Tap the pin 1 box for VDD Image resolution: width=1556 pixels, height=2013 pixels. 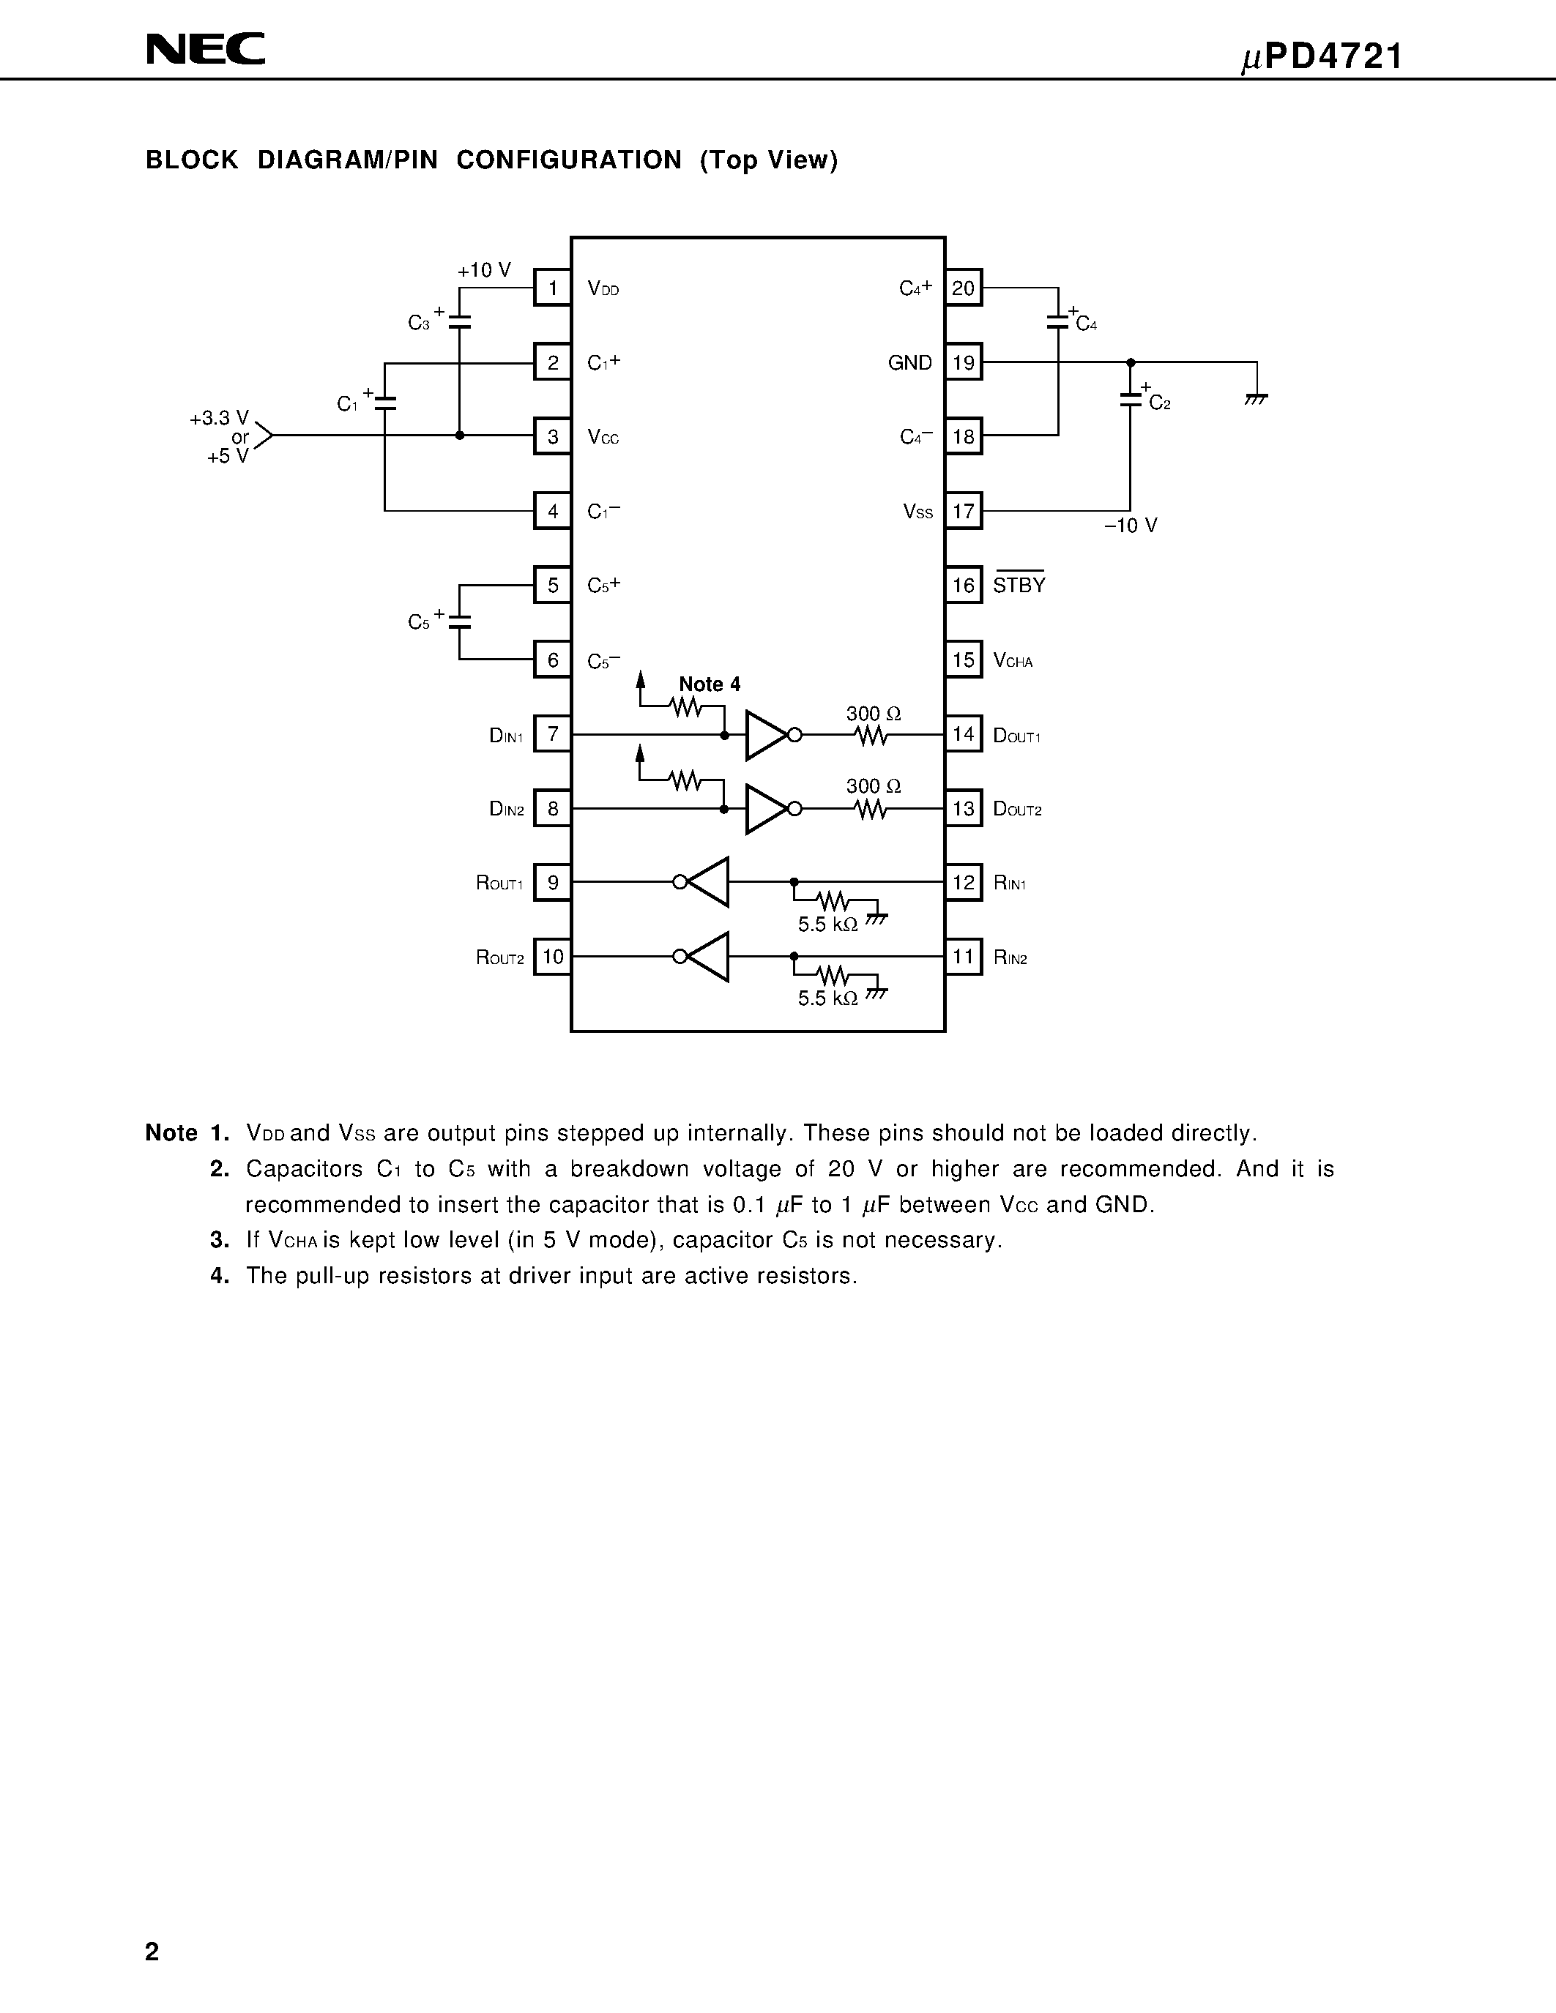pyautogui.click(x=552, y=288)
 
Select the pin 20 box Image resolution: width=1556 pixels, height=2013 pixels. pyautogui.click(x=964, y=288)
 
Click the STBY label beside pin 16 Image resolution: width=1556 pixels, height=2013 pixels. pyautogui.click(x=1019, y=586)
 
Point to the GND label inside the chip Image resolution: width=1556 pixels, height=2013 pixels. pyautogui.click(x=910, y=363)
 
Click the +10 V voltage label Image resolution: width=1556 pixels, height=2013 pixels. pyautogui.click(x=484, y=270)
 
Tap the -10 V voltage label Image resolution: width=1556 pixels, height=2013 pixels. pyautogui.click(x=1131, y=526)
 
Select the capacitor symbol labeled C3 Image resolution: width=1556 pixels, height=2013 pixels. pyautogui.click(x=459, y=321)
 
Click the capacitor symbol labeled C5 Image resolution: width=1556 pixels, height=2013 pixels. pyautogui.click(x=459, y=622)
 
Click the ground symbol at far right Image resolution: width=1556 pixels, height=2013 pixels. pyautogui.click(x=1256, y=398)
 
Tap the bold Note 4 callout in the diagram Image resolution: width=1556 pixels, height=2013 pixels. pyautogui.click(x=709, y=684)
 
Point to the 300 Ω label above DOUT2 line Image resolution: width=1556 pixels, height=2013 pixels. pyautogui.click(x=873, y=786)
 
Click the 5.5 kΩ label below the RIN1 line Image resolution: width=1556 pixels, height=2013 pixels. pyautogui.click(x=827, y=924)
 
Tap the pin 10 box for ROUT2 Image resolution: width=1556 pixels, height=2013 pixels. pyautogui.click(x=552, y=957)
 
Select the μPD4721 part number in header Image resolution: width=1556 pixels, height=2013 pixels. pyautogui.click(x=1321, y=57)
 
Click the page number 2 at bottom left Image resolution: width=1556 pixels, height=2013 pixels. pyautogui.click(x=152, y=1952)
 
